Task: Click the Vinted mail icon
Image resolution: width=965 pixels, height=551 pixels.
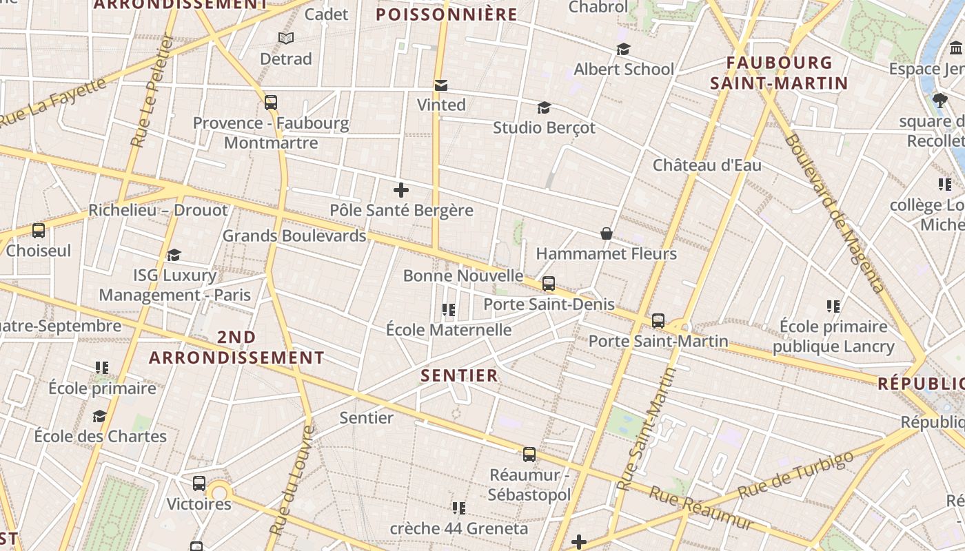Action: (441, 85)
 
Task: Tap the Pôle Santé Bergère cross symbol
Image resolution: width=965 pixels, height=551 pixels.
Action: (401, 190)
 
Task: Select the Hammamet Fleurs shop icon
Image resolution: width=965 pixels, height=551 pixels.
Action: (607, 234)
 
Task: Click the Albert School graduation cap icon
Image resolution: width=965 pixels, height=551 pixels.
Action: (624, 50)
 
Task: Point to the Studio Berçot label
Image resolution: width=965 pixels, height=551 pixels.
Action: (544, 128)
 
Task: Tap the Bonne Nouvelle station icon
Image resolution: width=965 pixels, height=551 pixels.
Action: (549, 283)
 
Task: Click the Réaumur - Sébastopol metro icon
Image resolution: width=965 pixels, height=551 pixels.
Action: (529, 455)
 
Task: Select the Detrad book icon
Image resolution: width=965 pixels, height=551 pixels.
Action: (286, 39)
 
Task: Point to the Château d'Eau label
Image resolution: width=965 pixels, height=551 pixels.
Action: (707, 165)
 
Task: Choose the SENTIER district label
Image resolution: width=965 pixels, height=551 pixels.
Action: (459, 375)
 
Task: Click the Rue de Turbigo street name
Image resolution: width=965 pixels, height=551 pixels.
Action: (795, 475)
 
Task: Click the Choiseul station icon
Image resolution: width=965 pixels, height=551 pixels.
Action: (39, 231)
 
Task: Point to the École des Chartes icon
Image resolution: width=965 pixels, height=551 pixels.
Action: (100, 417)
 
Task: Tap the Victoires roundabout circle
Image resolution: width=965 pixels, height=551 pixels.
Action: (219, 492)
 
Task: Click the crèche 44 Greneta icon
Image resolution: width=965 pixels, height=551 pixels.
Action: (459, 508)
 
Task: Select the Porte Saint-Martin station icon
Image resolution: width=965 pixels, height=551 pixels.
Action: (658, 321)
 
